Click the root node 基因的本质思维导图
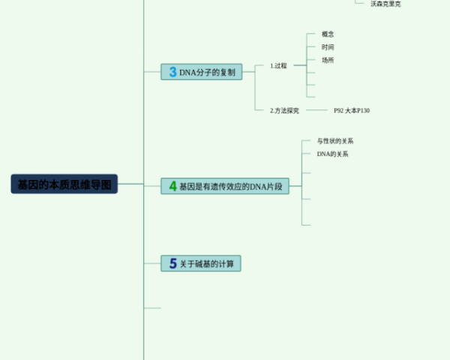64,184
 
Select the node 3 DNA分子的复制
202,72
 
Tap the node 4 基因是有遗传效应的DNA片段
225,186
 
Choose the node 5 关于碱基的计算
201,263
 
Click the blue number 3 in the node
172,72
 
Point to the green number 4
172,186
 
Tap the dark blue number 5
172,263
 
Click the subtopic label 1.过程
278,66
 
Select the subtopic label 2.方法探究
284,110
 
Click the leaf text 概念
328,34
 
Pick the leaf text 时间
328,47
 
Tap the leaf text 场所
328,60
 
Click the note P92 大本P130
352,110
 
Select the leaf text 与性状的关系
335,141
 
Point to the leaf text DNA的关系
332,154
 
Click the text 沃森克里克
385,4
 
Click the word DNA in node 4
259,186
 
